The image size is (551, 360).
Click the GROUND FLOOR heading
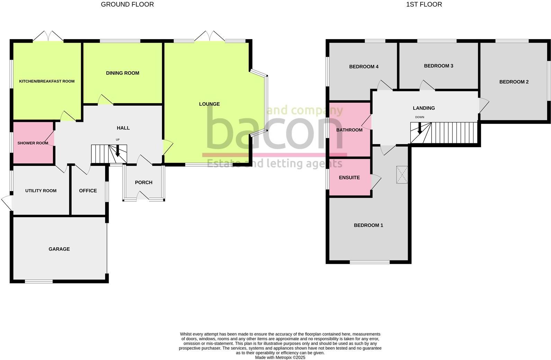pos(127,4)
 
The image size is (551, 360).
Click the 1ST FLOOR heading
pos(424,4)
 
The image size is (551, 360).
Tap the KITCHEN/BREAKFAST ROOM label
pos(47,81)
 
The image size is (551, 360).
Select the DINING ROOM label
pos(123,73)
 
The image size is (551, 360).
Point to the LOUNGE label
pos(209,104)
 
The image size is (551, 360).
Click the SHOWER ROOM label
pos(33,143)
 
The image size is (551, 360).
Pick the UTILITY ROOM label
pos(41,191)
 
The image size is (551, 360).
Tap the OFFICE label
pos(88,191)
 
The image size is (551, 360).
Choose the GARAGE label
pos(59,249)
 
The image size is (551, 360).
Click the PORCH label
pos(144,182)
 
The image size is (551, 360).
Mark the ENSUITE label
pos(349,178)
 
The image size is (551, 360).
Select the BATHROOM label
pos(349,130)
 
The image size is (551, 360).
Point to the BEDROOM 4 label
pos(363,66)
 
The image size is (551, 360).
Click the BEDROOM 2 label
pos(514,82)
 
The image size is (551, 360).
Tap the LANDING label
pos(424,108)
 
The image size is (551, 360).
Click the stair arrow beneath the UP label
pos(118,151)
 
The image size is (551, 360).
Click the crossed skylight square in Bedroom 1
pos(402,174)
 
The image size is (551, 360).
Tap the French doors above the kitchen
pos(48,36)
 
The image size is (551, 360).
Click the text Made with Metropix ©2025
pos(280,358)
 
